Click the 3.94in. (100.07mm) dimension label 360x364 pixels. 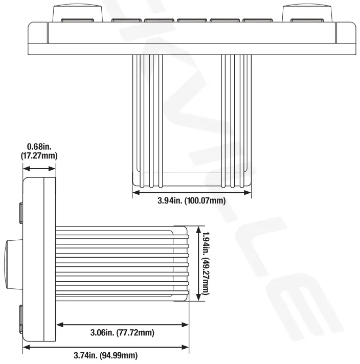coord(191,200)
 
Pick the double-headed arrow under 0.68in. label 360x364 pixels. coord(40,167)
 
